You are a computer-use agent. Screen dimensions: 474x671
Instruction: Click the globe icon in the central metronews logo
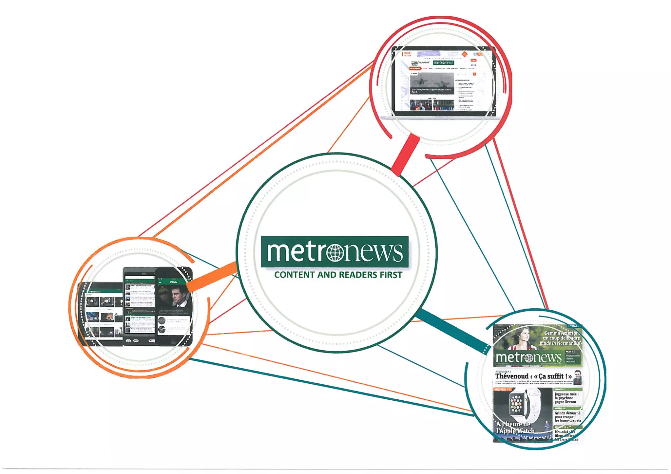click(x=335, y=253)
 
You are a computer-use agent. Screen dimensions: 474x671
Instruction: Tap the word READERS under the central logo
click(x=356, y=275)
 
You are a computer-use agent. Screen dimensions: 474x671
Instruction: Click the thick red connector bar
click(x=405, y=156)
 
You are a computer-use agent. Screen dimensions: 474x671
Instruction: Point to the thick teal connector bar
click(x=452, y=331)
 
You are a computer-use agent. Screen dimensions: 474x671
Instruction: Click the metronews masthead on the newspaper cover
click(x=528, y=357)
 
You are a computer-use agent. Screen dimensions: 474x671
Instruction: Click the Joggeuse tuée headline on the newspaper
click(x=566, y=398)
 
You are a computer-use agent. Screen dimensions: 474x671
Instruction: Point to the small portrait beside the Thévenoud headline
click(x=578, y=377)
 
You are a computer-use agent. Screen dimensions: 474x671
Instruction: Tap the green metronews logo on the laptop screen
click(x=443, y=63)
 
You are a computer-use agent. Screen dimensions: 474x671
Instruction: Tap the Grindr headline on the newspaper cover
click(x=567, y=417)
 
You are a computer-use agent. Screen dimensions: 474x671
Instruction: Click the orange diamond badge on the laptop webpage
click(x=465, y=54)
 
